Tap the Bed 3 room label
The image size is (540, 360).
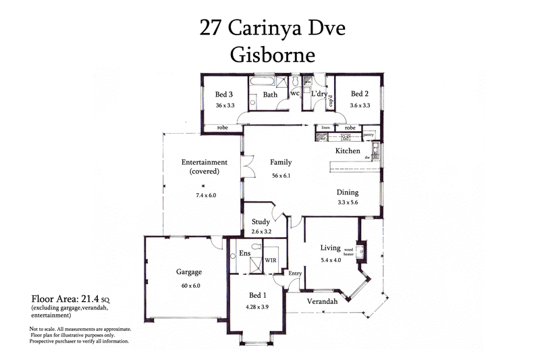[x=224, y=95]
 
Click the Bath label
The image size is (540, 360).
[x=270, y=95]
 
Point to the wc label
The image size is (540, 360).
[x=295, y=93]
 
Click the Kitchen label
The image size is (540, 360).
[x=348, y=151]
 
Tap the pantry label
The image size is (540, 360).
[x=369, y=135]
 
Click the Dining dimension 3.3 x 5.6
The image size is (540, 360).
[x=348, y=203]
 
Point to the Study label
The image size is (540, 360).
[x=261, y=222]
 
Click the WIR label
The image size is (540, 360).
[x=270, y=259]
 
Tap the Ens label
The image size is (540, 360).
[x=245, y=254]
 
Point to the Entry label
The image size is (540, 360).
[x=295, y=273]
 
